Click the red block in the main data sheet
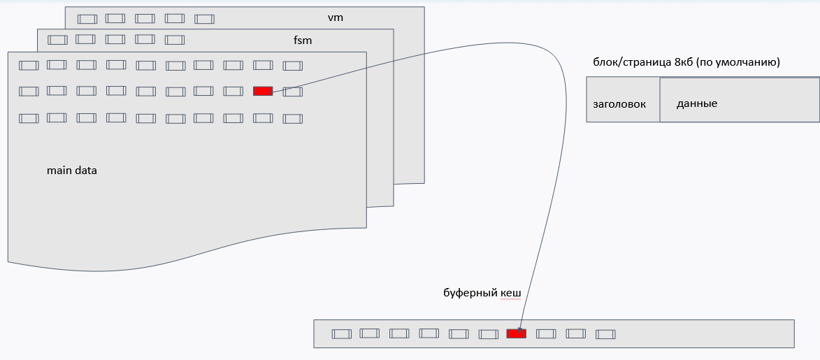(x=263, y=91)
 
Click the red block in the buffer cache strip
(x=516, y=333)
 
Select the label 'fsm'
(x=303, y=41)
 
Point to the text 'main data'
(x=72, y=170)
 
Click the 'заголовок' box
(x=619, y=104)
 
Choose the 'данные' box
(x=697, y=103)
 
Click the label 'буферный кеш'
(x=482, y=293)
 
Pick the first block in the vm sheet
(x=87, y=19)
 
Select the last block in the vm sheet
(x=204, y=19)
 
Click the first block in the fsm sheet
(x=57, y=40)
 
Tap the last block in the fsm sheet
(x=175, y=40)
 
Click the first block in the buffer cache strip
(x=341, y=334)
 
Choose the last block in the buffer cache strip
(x=605, y=334)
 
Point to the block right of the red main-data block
(x=292, y=92)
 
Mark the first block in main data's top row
(x=29, y=66)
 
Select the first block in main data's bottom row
(x=29, y=118)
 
